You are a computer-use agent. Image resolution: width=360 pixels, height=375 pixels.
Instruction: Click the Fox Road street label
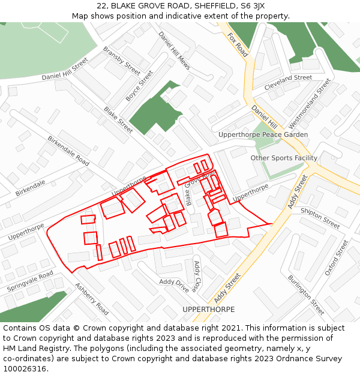pyautogui.click(x=238, y=44)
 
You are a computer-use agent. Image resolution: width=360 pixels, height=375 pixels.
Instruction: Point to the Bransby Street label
pyautogui.click(x=121, y=61)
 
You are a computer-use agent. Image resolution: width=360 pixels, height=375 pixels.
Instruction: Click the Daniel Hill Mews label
pyautogui.click(x=174, y=50)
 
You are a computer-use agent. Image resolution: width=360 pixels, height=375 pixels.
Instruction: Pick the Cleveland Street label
pyautogui.click(x=288, y=82)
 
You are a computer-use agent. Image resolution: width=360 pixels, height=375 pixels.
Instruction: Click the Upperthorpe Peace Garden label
pyautogui.click(x=263, y=135)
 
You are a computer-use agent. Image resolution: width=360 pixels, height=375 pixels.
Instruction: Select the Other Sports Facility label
pyautogui.click(x=284, y=158)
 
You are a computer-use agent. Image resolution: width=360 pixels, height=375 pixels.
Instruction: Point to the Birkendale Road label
pyautogui.click(x=68, y=151)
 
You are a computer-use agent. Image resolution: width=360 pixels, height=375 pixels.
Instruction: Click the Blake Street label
pyautogui.click(x=118, y=120)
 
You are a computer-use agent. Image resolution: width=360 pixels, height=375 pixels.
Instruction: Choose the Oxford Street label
pyautogui.click(x=336, y=257)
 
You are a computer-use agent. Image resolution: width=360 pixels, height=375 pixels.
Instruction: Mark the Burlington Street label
pyautogui.click(x=306, y=295)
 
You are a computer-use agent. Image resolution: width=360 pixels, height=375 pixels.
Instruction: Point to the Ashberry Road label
pyautogui.click(x=92, y=299)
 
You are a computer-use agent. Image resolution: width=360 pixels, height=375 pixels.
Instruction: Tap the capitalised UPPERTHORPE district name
pyautogui.click(x=208, y=310)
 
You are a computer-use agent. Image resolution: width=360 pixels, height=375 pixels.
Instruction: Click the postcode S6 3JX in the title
pyautogui.click(x=248, y=6)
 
